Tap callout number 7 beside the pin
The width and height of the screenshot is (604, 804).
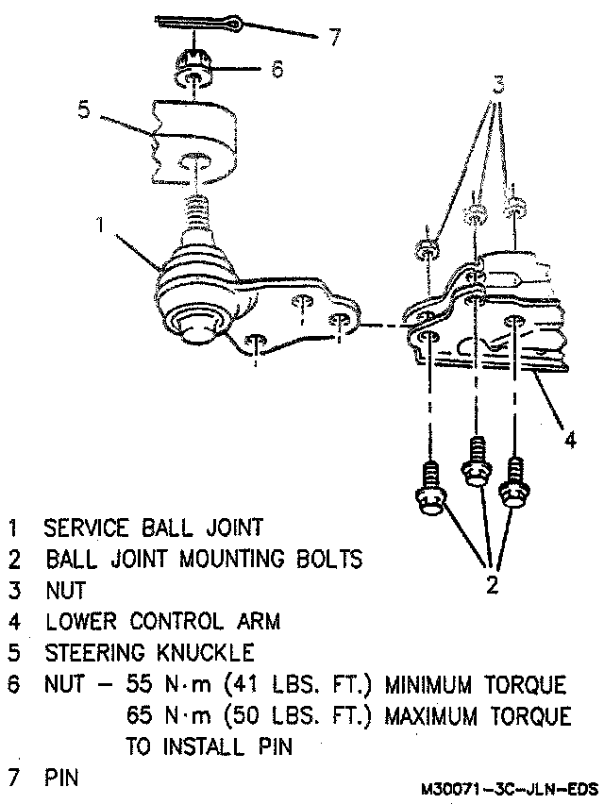pyautogui.click(x=332, y=38)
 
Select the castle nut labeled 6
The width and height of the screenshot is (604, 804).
pyautogui.click(x=193, y=71)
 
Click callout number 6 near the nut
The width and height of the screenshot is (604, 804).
pyautogui.click(x=277, y=69)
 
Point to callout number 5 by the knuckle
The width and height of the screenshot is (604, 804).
pyautogui.click(x=83, y=109)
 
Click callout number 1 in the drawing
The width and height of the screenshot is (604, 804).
pyautogui.click(x=100, y=226)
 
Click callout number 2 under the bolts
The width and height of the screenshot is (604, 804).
pyautogui.click(x=492, y=585)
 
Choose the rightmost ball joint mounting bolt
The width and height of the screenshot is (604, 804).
pyautogui.click(x=515, y=481)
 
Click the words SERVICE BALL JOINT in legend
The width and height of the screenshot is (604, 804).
pyautogui.click(x=154, y=527)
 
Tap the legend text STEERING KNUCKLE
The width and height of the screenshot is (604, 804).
pyautogui.click(x=149, y=652)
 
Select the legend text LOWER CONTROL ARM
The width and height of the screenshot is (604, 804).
pyautogui.click(x=161, y=621)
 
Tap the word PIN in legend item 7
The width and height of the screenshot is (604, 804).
pyautogui.click(x=60, y=778)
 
